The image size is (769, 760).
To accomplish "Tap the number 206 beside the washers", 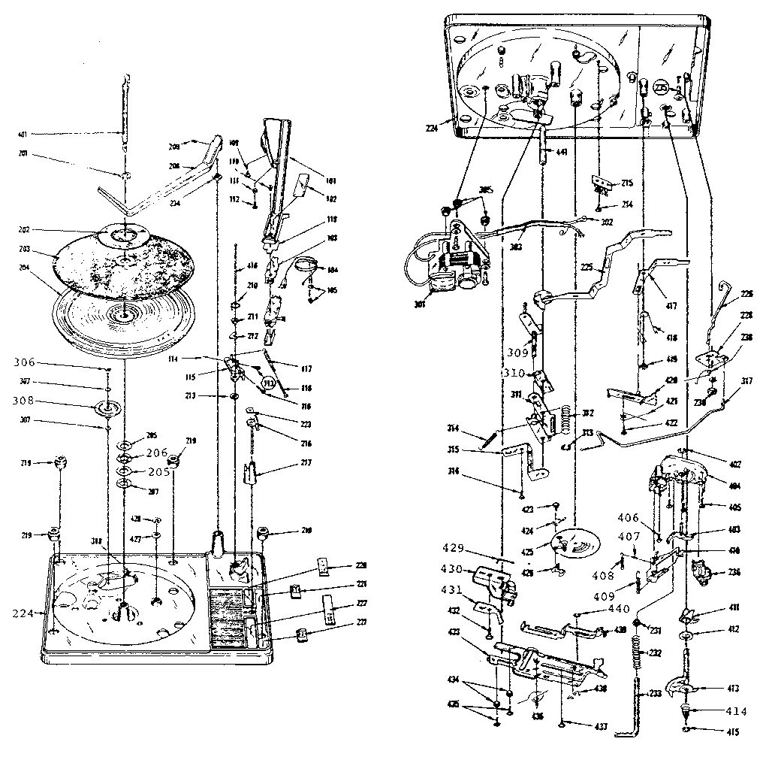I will [x=156, y=453].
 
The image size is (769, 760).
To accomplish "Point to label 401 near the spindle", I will [x=23, y=135].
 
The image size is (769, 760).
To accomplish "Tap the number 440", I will [x=598, y=609].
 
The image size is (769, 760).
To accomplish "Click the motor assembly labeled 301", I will [x=447, y=263].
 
